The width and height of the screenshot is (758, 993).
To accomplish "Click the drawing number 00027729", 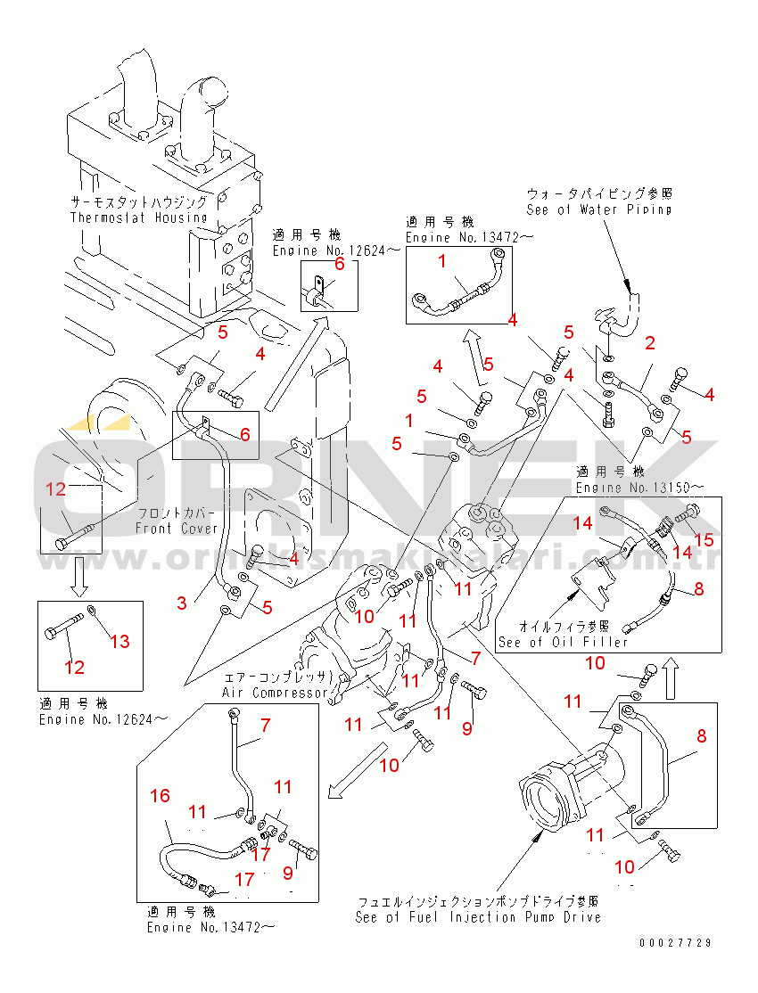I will pyautogui.click(x=675, y=942).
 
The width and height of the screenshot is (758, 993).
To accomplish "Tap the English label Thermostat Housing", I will pyautogui.click(x=138, y=217).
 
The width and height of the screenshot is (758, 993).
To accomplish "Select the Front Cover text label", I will pyautogui.click(x=176, y=529).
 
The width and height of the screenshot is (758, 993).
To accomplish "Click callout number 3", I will pyautogui.click(x=181, y=603).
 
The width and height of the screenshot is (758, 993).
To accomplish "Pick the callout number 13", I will pyautogui.click(x=120, y=641).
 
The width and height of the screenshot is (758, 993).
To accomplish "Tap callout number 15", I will pyautogui.click(x=704, y=539).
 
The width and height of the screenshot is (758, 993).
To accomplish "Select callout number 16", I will pyautogui.click(x=159, y=796).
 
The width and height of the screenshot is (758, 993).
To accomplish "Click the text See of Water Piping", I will pyautogui.click(x=598, y=210).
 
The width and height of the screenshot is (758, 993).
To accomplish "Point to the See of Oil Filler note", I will pyautogui.click(x=563, y=642).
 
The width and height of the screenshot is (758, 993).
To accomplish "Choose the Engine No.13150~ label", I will pyautogui.click(x=639, y=488).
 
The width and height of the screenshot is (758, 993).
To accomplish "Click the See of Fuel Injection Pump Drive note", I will pyautogui.click(x=477, y=917).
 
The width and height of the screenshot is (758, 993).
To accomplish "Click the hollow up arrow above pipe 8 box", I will pyautogui.click(x=676, y=677).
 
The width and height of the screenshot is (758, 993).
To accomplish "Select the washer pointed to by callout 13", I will pyautogui.click(x=93, y=611).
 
